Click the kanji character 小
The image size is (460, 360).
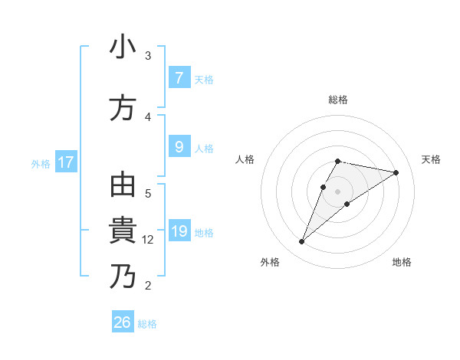pyautogui.click(x=123, y=47)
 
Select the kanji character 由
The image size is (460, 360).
pyautogui.click(x=123, y=186)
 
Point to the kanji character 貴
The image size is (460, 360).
pyautogui.click(x=123, y=231)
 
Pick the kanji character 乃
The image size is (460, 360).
pyautogui.click(x=123, y=277)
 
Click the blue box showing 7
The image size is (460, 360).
pyautogui.click(x=179, y=78)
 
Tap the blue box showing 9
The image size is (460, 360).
pyautogui.click(x=179, y=148)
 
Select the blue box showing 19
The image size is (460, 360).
pyautogui.click(x=179, y=232)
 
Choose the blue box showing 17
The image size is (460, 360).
pyautogui.click(x=66, y=162)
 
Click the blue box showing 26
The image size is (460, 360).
pyautogui.click(x=123, y=322)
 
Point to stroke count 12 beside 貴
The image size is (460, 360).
pyautogui.click(x=149, y=240)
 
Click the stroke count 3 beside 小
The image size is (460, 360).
pyautogui.click(x=148, y=56)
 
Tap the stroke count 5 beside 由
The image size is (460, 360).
pyautogui.click(x=148, y=193)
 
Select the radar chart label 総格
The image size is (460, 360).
pyautogui.click(x=338, y=100)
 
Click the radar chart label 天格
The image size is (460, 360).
pyautogui.click(x=432, y=159)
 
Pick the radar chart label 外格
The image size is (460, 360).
pyautogui.click(x=270, y=262)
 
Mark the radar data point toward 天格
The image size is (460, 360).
pyautogui.click(x=396, y=172)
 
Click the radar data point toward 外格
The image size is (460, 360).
pyautogui.click(x=302, y=242)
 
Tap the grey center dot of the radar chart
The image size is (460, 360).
pyautogui.click(x=338, y=191)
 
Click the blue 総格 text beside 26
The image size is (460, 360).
pyautogui.click(x=147, y=324)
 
